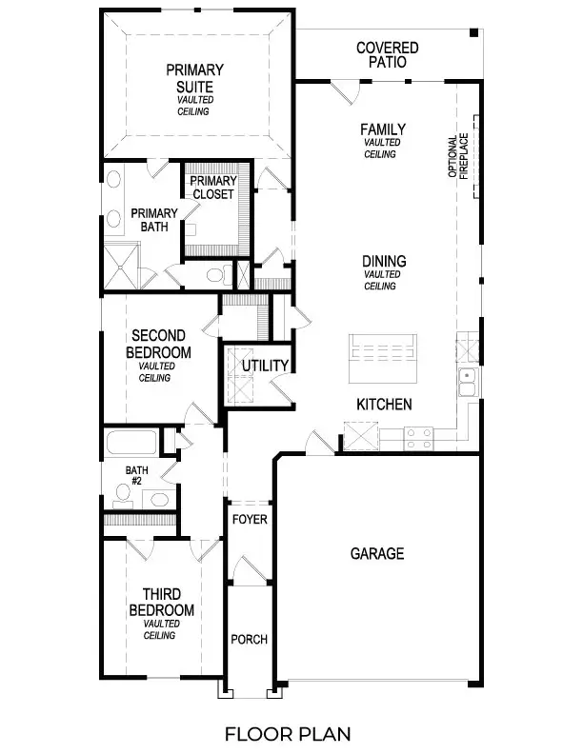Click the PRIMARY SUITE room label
(x=194, y=78)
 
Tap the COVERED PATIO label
(x=387, y=54)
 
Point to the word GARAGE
(x=376, y=553)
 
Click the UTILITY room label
(x=265, y=366)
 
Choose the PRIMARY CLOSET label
(x=211, y=188)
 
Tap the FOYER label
(x=250, y=520)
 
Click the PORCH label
(x=250, y=639)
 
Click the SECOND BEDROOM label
(x=160, y=344)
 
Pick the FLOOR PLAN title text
(x=288, y=733)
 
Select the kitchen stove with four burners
(x=419, y=438)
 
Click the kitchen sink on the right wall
(x=468, y=381)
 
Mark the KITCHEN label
(x=384, y=405)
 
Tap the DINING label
(x=384, y=260)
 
